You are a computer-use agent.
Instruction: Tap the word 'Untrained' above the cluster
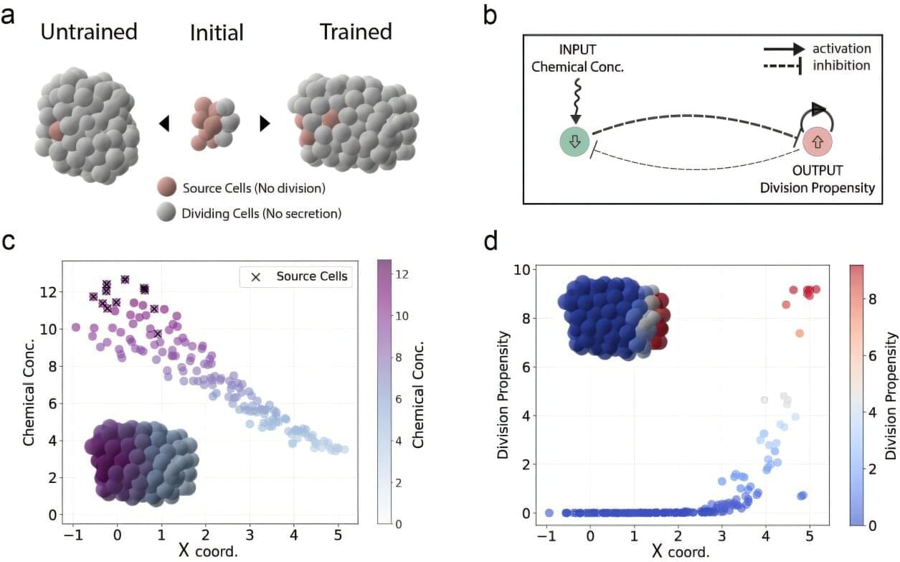[89, 32]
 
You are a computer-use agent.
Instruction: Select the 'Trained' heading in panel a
[356, 32]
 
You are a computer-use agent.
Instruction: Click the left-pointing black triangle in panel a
[164, 123]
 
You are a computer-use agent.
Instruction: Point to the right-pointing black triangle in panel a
[265, 123]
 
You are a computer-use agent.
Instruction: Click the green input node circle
[574, 141]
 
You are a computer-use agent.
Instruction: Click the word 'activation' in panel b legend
[841, 49]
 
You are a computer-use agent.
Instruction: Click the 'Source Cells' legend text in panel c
[311, 276]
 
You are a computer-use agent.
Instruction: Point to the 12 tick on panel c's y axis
[49, 292]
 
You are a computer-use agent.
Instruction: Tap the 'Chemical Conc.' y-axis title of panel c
[29, 394]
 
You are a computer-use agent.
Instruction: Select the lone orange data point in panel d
[800, 333]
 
